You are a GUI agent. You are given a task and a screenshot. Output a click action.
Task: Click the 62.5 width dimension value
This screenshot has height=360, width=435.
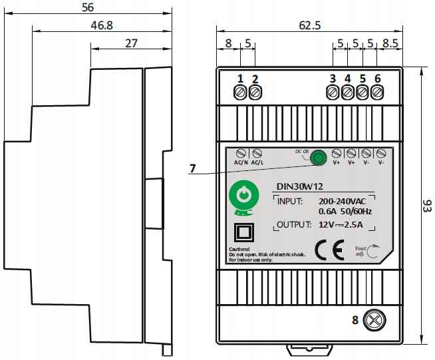coord(310,26)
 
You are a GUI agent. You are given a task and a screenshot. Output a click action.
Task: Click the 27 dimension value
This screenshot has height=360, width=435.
coord(131,43)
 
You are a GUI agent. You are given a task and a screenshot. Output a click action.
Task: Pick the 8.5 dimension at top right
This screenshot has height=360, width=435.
coord(392,45)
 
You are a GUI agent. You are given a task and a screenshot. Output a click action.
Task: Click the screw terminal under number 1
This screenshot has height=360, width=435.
coord(240,93)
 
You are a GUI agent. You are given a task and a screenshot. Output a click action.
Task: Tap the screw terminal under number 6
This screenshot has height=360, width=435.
coord(378,93)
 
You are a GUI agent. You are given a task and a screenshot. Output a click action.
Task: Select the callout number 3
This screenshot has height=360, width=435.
coord(332,79)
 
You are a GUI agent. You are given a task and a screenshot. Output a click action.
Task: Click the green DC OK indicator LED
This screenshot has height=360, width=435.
coord(319,158)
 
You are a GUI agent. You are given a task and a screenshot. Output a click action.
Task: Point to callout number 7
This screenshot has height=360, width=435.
coord(192,169)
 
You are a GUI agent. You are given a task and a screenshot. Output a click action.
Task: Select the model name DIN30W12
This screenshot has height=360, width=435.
coord(299,188)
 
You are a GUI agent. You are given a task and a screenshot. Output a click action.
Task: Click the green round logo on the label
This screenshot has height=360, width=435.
coord(243,197)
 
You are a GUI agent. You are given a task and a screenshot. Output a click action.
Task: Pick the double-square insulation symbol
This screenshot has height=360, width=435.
coord(243,233)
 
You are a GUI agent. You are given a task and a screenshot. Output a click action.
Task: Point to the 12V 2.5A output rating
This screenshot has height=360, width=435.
coord(341,224)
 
